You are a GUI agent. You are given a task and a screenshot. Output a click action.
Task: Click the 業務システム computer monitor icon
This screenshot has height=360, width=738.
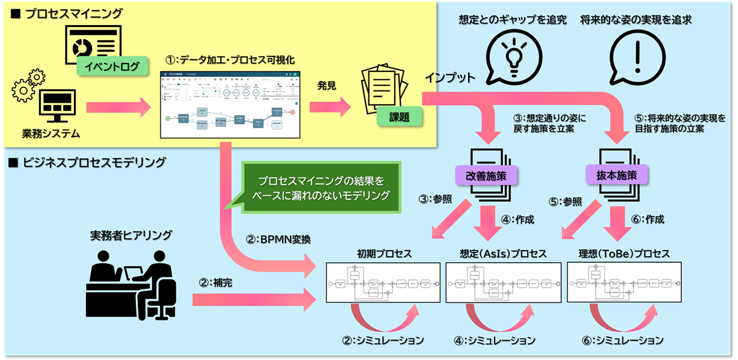(57, 107)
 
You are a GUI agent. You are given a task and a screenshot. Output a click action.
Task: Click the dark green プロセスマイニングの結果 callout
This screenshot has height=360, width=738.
(321, 188)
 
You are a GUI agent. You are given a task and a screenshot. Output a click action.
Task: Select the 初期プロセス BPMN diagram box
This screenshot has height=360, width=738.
(383, 282)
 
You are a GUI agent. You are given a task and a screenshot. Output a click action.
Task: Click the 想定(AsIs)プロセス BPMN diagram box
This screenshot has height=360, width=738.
(503, 282)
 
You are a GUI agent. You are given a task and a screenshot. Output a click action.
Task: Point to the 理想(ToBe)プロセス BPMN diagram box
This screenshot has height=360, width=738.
(625, 282)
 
